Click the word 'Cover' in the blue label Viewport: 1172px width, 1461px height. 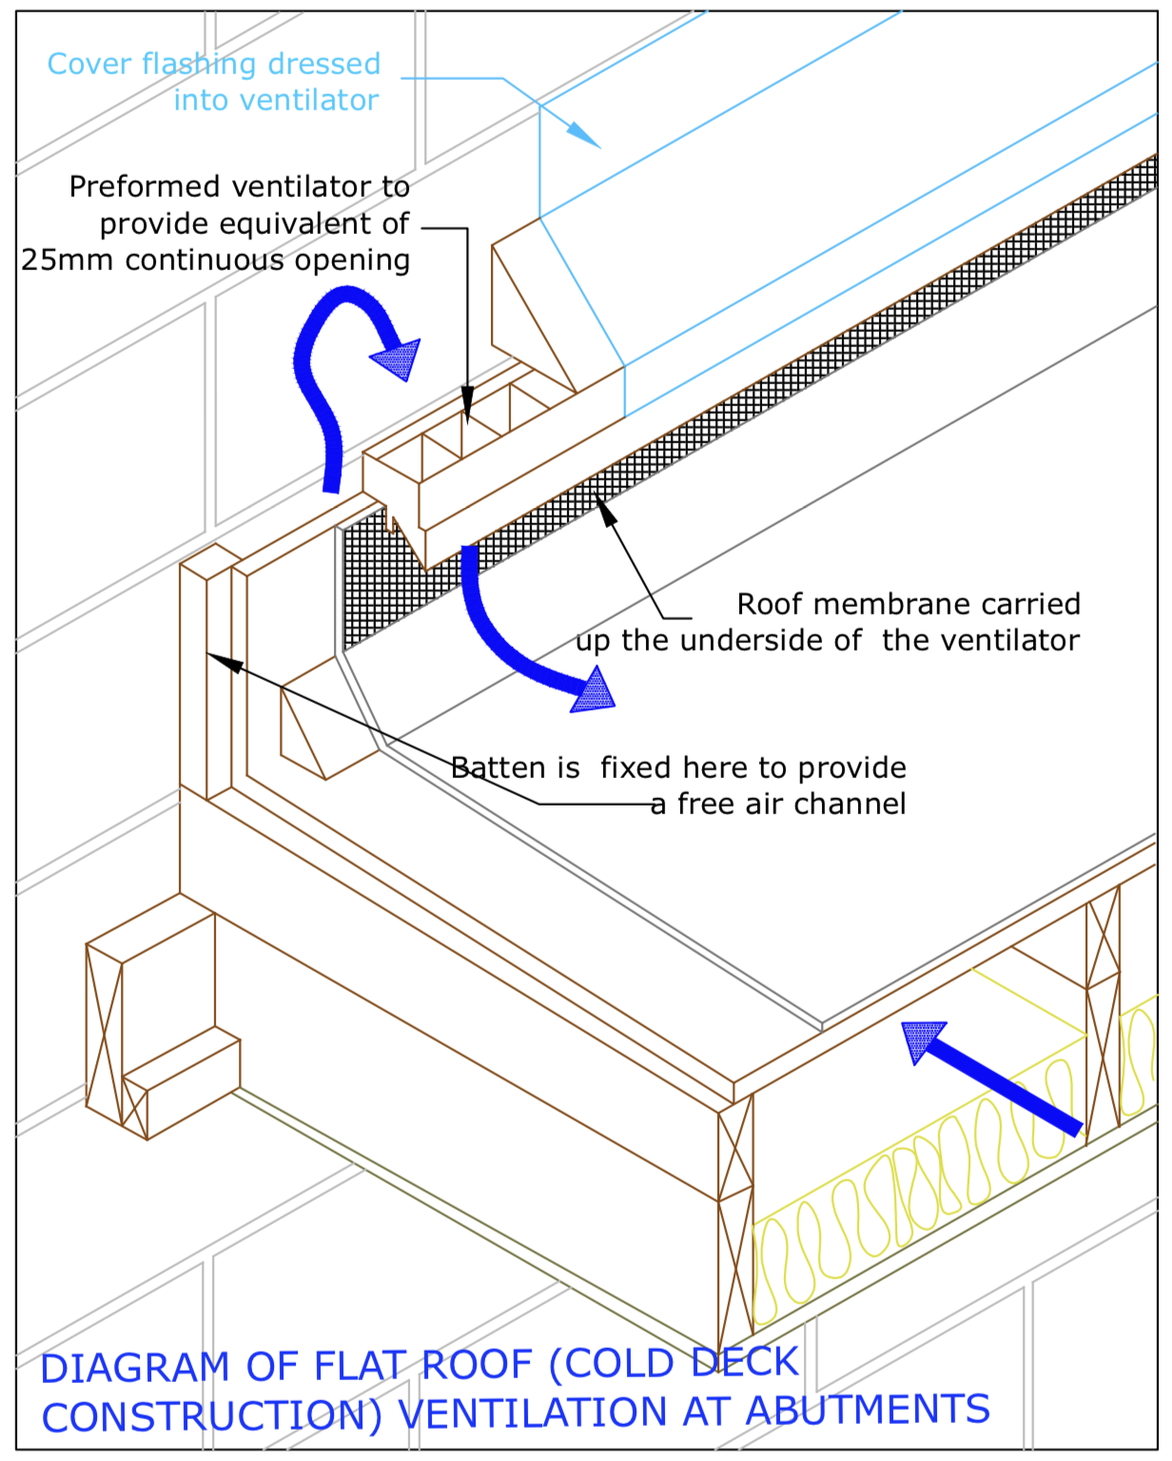(89, 65)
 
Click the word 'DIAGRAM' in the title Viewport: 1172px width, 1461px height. (135, 1368)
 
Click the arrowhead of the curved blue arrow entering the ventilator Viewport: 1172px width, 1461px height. (399, 360)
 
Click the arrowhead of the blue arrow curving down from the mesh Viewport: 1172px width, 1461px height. (594, 691)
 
